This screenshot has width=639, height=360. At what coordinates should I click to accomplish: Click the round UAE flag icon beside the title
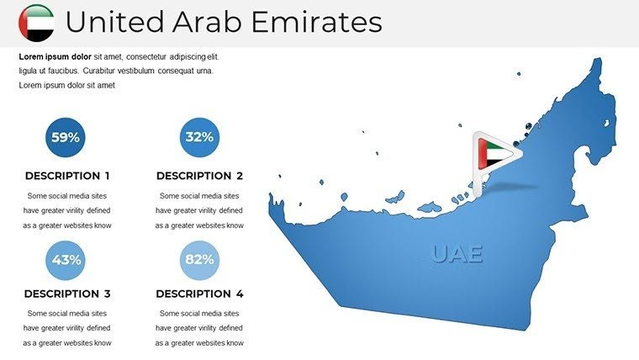tap(35, 23)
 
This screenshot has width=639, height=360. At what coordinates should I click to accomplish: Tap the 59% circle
tap(65, 137)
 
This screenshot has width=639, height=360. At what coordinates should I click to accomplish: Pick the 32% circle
tap(199, 137)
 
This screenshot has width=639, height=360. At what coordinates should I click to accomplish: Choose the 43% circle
tap(65, 260)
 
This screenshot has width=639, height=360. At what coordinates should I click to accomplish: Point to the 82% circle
tap(199, 260)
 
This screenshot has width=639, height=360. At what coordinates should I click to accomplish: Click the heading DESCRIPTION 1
tap(67, 177)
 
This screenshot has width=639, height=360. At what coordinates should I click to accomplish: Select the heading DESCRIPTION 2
tap(199, 177)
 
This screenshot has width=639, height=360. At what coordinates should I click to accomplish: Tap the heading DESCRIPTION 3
tap(67, 294)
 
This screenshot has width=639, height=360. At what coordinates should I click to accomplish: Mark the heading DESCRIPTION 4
tap(199, 294)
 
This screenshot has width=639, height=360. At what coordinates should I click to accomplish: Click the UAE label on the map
tap(458, 253)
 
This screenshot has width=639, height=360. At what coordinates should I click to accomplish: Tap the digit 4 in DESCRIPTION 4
tap(240, 294)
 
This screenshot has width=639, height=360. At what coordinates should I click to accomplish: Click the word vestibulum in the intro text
tap(156, 71)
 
